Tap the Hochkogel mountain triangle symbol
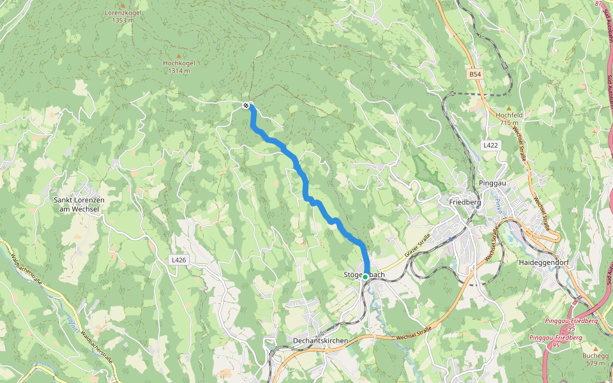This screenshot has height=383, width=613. point(179,56)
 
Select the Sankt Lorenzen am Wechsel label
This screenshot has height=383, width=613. point(79,204)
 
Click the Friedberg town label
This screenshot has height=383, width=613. point(465,202)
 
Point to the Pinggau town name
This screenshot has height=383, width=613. point(492,183)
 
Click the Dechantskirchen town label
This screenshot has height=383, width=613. point(321,341)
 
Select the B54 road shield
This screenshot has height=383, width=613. point(474,75)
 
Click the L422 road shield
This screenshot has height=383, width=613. point(490,146)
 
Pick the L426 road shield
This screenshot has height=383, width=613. point(179,260)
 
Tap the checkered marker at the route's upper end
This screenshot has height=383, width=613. point(246,105)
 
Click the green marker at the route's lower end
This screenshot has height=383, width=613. point(365,277)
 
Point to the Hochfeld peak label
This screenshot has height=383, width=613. point(509,115)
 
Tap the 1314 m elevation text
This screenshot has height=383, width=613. point(179,71)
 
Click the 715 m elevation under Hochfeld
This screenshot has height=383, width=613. point(509,123)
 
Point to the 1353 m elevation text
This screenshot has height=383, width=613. point(123,20)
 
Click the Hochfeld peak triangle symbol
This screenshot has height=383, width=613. point(509,108)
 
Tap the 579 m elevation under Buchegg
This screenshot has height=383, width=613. point(596,363)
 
